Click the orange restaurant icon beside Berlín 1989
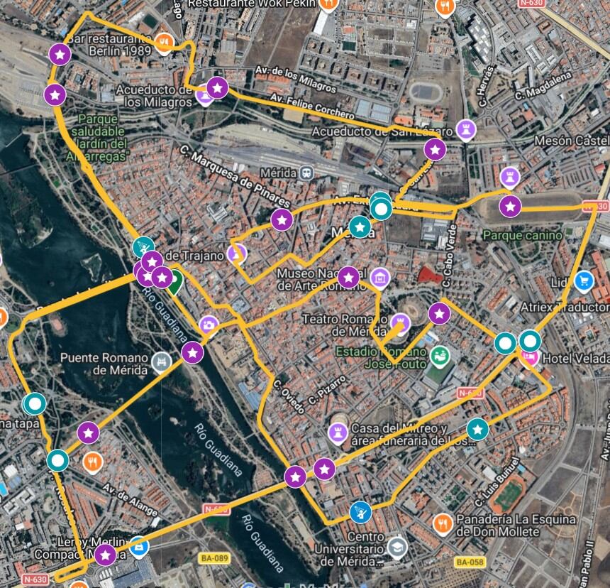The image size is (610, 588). coord(164,43)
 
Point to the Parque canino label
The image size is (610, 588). coord(521,234)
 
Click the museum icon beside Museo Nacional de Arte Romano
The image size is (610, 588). coord(380,278)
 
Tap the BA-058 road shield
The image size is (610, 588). coord(470,562)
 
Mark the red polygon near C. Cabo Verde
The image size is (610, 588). coord(427,274)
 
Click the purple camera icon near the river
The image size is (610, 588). coord(208,325)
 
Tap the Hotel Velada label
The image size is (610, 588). coord(575,359)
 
